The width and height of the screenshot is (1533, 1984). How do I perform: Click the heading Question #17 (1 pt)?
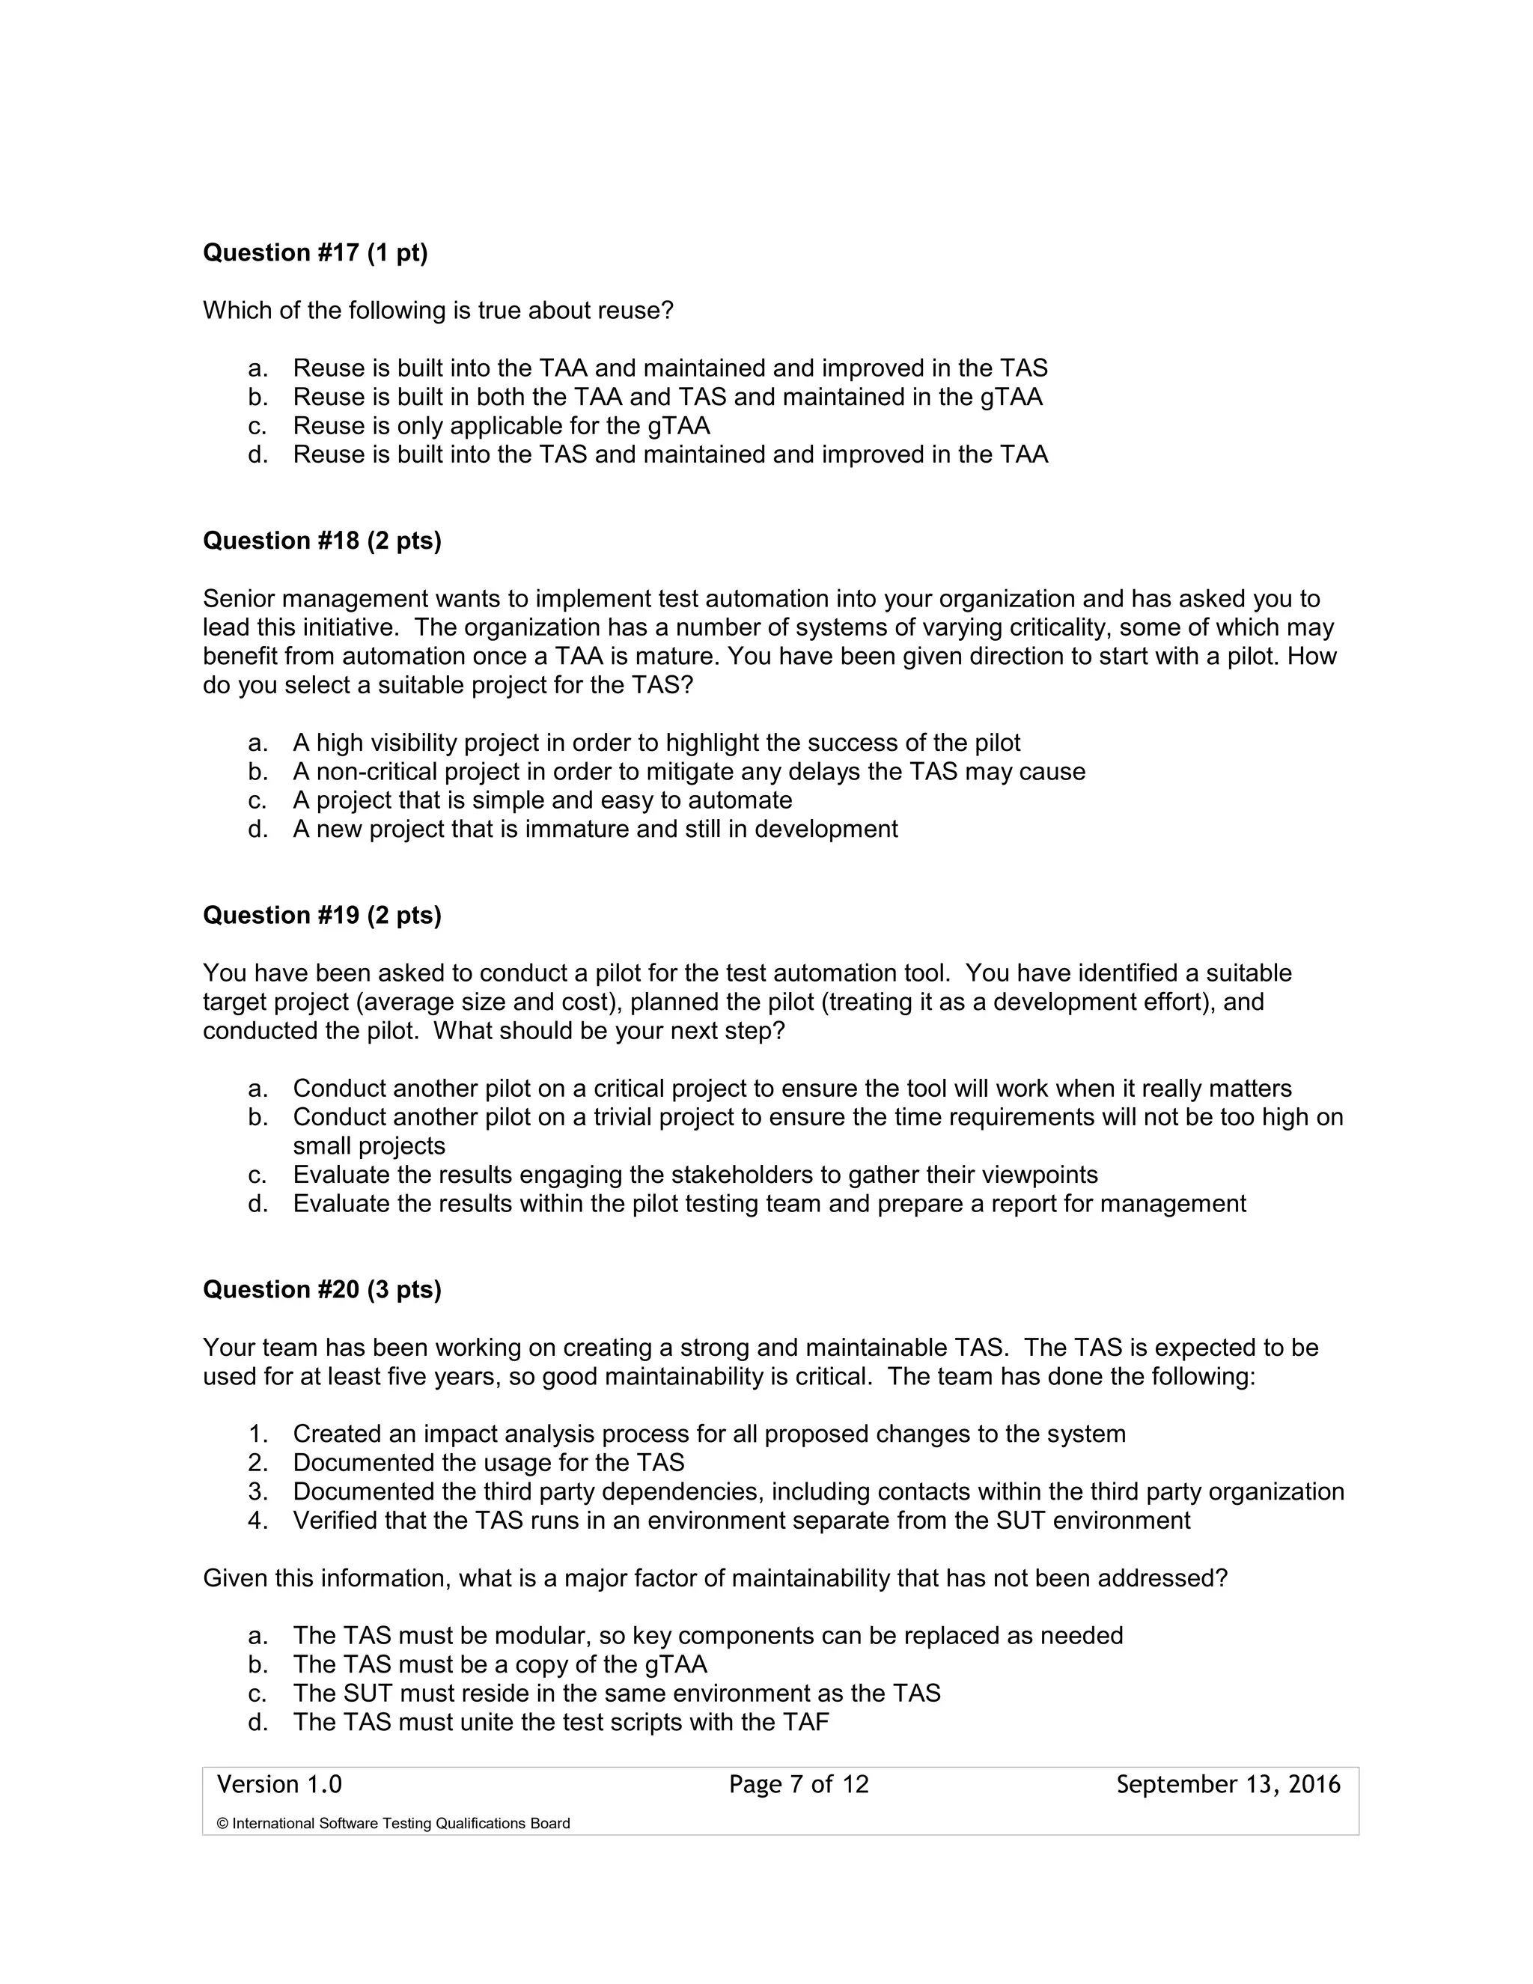pyautogui.click(x=314, y=252)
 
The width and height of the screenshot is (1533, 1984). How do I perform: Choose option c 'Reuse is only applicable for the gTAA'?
pyautogui.click(x=501, y=425)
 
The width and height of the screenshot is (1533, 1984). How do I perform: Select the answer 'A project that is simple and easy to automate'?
pyautogui.click(x=542, y=800)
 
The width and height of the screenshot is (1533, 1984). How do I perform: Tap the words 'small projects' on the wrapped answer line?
pyautogui.click(x=369, y=1145)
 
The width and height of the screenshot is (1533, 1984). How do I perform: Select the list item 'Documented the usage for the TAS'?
pyautogui.click(x=488, y=1463)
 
